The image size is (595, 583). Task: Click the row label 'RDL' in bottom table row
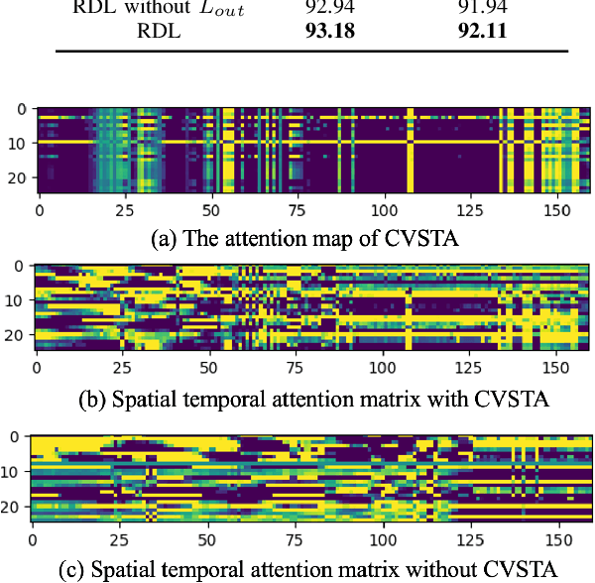tap(158, 31)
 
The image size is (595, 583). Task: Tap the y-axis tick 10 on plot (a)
tap(18, 143)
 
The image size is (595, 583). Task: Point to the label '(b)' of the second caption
tap(91, 401)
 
